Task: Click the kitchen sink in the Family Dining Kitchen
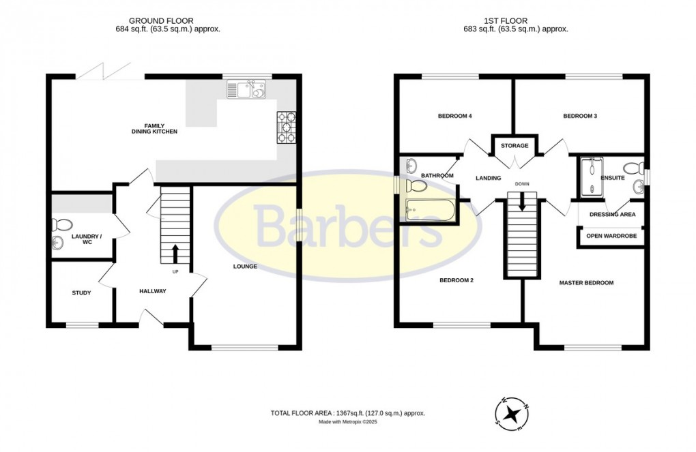(246, 89)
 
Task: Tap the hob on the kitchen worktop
(286, 127)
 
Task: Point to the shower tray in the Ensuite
(591, 176)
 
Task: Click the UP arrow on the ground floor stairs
(175, 254)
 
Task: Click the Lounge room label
(244, 267)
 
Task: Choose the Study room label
(82, 293)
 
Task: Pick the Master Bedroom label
(586, 283)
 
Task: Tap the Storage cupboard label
(514, 146)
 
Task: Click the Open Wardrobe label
(612, 236)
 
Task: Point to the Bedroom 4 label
(455, 117)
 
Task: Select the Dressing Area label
(612, 215)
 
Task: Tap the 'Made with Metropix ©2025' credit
(348, 423)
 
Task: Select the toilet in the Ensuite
(631, 168)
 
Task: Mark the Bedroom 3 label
(580, 117)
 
